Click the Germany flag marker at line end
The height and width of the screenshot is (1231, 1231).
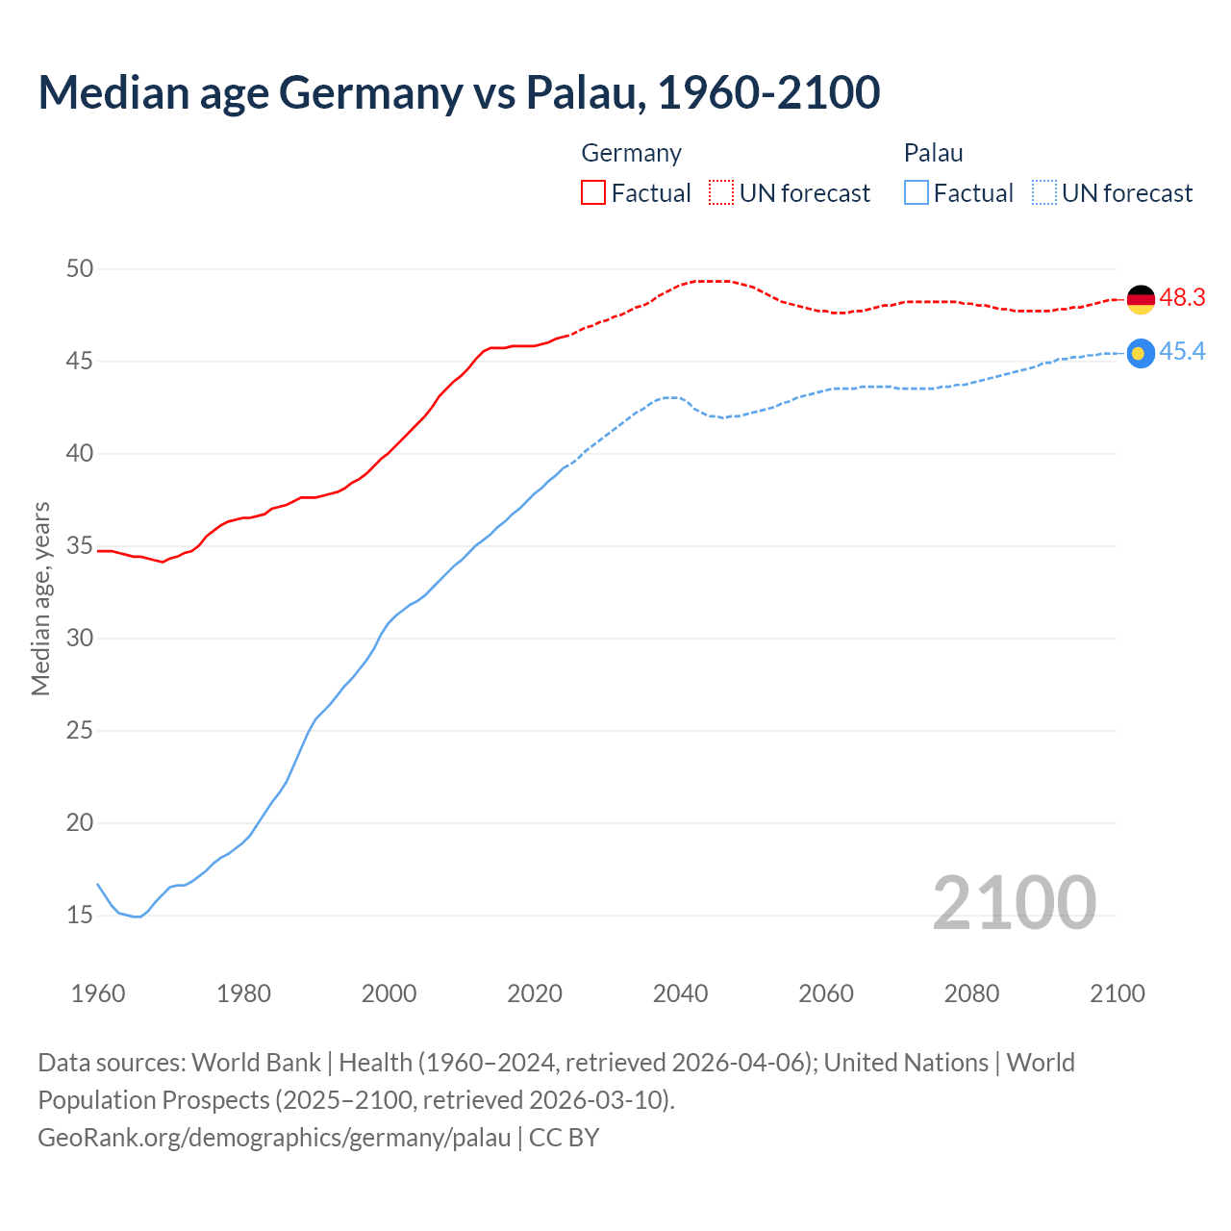(x=1141, y=299)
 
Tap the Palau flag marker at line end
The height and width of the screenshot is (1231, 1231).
(x=1141, y=354)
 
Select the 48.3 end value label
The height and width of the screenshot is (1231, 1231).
(x=1182, y=298)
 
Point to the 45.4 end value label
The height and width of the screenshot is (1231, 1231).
(x=1182, y=352)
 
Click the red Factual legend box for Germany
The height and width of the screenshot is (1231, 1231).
(x=593, y=193)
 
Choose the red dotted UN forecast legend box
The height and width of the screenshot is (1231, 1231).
(x=721, y=193)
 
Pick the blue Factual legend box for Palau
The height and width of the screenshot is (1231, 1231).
(x=917, y=193)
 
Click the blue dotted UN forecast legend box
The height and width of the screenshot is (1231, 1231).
(x=1044, y=193)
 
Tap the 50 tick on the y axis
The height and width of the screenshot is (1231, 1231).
(x=80, y=269)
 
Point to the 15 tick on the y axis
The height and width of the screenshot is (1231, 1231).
(x=80, y=916)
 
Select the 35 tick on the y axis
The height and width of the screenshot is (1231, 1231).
(x=80, y=546)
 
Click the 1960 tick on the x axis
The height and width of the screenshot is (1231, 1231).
(x=98, y=993)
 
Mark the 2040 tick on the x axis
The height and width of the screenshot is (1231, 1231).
(x=681, y=993)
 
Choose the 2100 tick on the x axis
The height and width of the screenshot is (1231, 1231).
(x=1118, y=993)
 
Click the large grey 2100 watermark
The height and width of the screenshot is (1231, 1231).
(x=1014, y=903)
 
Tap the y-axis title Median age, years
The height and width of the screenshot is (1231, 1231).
(x=40, y=598)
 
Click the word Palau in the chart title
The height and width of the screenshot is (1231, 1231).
(x=584, y=92)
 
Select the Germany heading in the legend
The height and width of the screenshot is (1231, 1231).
(x=632, y=153)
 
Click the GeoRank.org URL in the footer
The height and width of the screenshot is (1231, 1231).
(x=274, y=1138)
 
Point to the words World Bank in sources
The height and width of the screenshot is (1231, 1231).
(x=256, y=1063)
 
